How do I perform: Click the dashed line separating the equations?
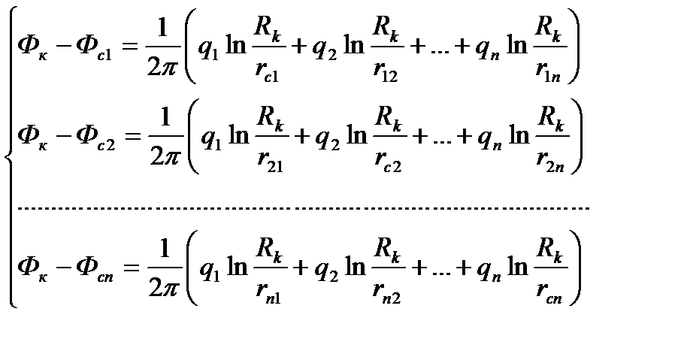point(301,207)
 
